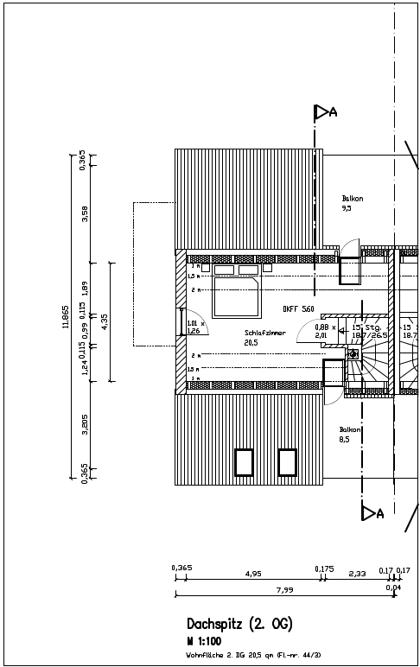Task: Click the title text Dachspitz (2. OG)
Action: coord(240,623)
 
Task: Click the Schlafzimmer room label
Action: coord(265,333)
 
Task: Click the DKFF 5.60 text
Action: coord(298,308)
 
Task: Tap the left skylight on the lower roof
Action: coord(245,462)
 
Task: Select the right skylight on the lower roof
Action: coord(288,462)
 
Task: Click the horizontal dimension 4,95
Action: coord(253,573)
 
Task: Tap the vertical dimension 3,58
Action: coord(84,213)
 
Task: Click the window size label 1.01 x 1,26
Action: coord(194,327)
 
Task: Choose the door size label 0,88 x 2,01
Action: coord(322,331)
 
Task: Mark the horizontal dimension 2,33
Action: coord(357,573)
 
